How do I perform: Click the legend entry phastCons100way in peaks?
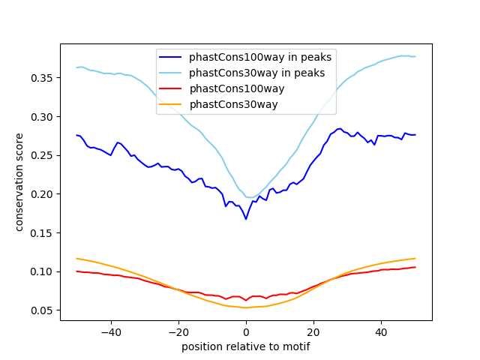click(260, 56)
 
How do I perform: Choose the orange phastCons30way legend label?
click(233, 104)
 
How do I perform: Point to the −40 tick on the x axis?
click(110, 331)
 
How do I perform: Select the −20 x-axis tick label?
click(178, 331)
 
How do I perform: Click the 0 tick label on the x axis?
click(246, 331)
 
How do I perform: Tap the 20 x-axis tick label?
click(313, 331)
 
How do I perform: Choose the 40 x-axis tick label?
click(381, 331)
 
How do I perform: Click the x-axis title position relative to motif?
click(245, 346)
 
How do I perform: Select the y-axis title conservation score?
click(19, 182)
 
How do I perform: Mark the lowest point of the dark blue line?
click(246, 219)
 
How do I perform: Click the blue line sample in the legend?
click(172, 56)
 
